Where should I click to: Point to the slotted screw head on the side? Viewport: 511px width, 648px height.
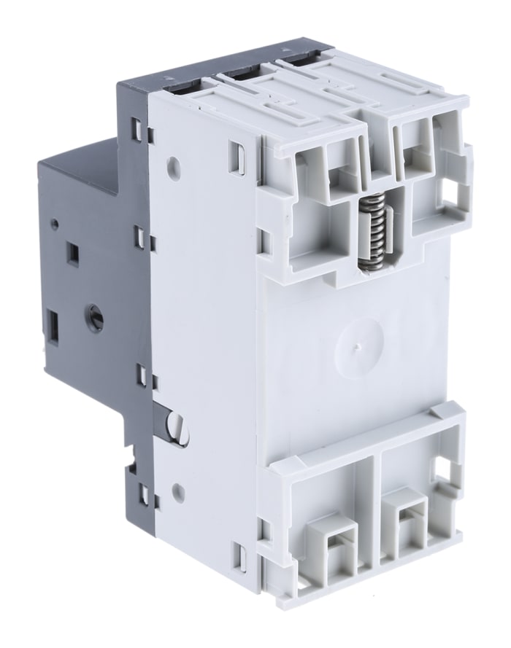[177, 426]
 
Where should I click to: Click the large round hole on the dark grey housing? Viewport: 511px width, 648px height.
[95, 318]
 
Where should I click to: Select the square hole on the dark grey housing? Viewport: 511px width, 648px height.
[72, 254]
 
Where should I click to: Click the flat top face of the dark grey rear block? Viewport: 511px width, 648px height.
[80, 157]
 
